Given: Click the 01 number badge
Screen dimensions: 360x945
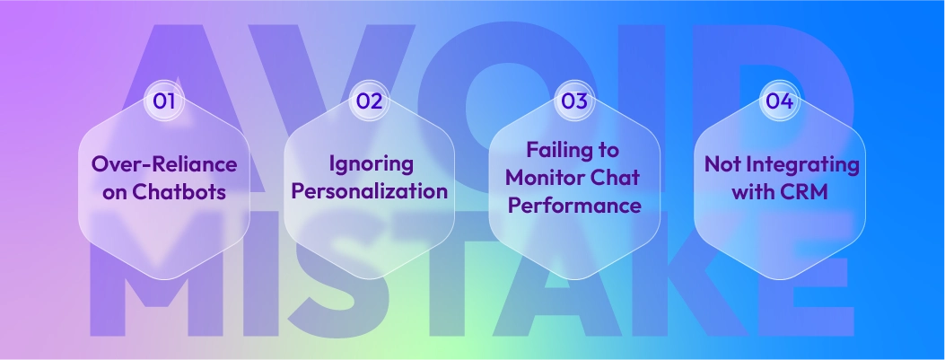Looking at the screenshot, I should [163, 101].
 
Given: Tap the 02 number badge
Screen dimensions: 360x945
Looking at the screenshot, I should [369, 101].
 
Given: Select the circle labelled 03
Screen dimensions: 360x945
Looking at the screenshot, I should [574, 101].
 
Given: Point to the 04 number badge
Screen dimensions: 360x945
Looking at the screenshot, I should [779, 101].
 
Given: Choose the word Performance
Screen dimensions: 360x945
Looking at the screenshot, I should [574, 205].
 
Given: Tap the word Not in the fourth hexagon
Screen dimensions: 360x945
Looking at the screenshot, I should [723, 165].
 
